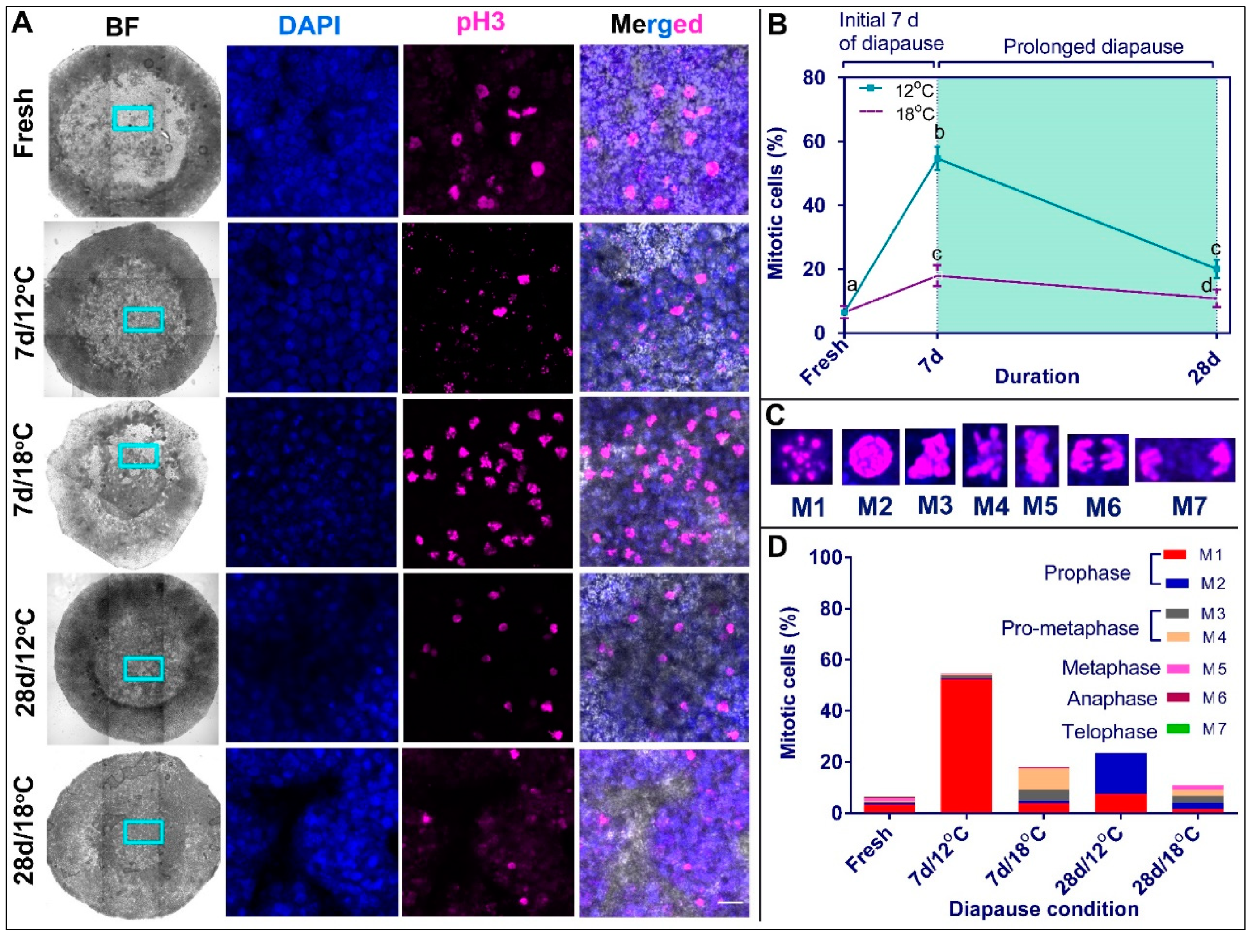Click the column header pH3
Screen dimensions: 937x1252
pyautogui.click(x=481, y=23)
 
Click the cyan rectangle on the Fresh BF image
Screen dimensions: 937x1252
pyautogui.click(x=132, y=118)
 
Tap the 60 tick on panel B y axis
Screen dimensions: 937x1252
pyautogui.click(x=813, y=141)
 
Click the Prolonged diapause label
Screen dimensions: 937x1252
pyautogui.click(x=1093, y=47)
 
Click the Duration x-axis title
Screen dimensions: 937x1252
pyautogui.click(x=1037, y=377)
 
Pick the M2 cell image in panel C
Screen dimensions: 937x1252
pyautogui.click(x=871, y=457)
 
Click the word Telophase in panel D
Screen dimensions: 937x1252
pyautogui.click(x=1109, y=731)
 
